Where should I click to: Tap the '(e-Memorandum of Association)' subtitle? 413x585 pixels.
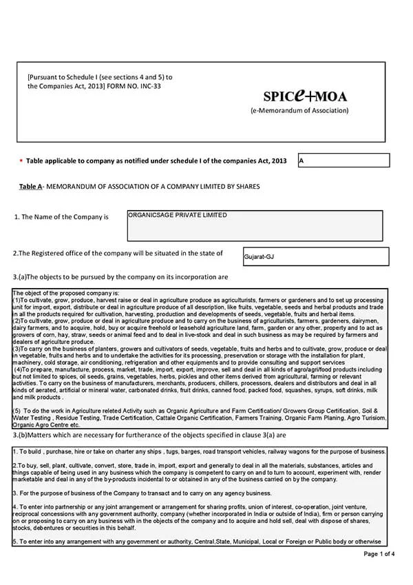pyautogui.click(x=299, y=110)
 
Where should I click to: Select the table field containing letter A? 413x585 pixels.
pyautogui.click(x=343, y=161)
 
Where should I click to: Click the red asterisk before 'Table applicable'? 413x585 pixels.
pyautogui.click(x=21, y=161)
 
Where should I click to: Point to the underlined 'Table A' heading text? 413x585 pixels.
pyautogui.click(x=30, y=187)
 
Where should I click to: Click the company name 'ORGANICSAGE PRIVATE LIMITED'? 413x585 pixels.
pyautogui.click(x=178, y=216)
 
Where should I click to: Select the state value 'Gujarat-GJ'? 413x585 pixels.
pyautogui.click(x=259, y=257)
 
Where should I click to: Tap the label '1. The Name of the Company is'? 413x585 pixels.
pyautogui.click(x=61, y=217)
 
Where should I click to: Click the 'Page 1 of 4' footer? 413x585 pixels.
pyautogui.click(x=379, y=553)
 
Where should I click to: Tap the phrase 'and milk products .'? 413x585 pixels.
pyautogui.click(x=38, y=398)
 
